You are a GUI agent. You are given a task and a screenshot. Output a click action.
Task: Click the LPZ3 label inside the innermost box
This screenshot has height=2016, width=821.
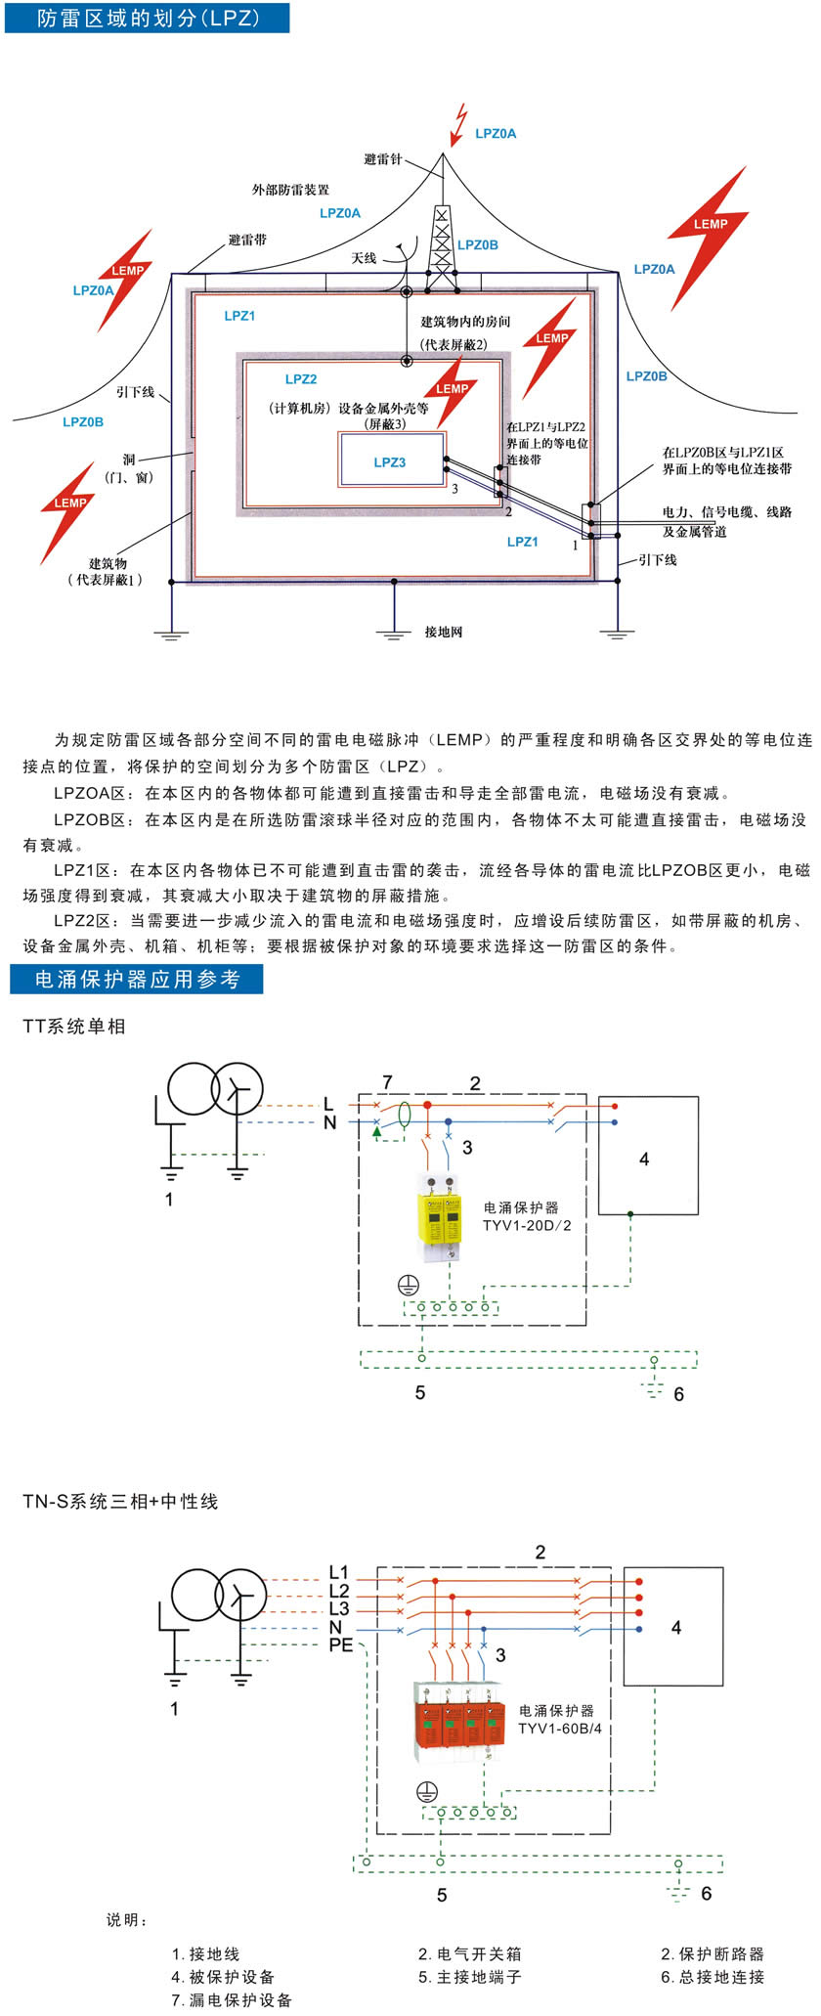[x=389, y=462]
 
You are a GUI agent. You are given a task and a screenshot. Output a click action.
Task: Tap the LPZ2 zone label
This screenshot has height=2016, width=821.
[x=301, y=379]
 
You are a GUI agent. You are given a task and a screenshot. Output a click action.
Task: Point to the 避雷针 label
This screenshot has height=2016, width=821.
[x=382, y=159]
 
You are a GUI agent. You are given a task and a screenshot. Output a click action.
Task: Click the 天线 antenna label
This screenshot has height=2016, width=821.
[x=364, y=258]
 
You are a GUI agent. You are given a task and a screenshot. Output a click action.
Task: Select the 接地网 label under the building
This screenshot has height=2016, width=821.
[x=443, y=633]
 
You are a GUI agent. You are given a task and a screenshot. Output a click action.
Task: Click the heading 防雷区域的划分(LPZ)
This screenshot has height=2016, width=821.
[x=147, y=18]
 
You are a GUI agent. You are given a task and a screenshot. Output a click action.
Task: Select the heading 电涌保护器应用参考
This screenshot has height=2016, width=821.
[x=137, y=980]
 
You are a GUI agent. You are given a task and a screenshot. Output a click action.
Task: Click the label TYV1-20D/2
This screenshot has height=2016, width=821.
[x=527, y=1226]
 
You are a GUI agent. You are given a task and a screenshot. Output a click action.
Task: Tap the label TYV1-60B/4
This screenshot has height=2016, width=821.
[x=559, y=1729]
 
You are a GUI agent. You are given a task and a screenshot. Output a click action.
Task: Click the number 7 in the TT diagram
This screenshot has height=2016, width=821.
[x=387, y=1082]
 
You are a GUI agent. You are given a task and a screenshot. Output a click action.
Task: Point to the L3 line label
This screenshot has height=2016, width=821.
[x=338, y=1609]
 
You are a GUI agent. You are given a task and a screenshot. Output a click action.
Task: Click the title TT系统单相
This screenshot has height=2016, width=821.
[x=74, y=1027]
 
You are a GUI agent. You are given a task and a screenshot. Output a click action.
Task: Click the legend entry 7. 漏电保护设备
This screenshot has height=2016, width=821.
[x=232, y=2000]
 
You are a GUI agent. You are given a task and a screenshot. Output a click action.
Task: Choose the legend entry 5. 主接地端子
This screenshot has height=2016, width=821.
[x=469, y=1977]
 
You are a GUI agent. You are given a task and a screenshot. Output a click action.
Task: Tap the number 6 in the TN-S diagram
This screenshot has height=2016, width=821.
[x=706, y=1894]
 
